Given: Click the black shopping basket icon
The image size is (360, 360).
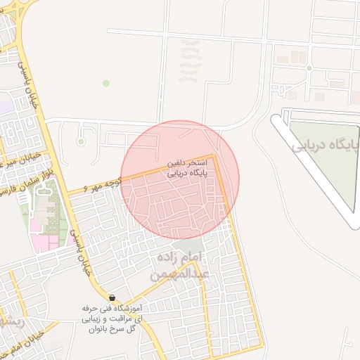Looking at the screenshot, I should coord(112,298).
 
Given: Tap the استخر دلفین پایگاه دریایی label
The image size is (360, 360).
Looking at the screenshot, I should coord(186,167).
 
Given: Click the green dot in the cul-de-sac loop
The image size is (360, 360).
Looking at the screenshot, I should coord(81,142).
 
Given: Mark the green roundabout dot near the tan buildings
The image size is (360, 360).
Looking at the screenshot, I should coord(309,68).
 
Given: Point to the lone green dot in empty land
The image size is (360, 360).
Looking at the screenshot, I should coord(106,83).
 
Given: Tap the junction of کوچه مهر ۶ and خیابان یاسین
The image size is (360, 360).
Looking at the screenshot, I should coord(68,193).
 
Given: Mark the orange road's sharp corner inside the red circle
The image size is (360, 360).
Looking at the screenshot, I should coord(214,157).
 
